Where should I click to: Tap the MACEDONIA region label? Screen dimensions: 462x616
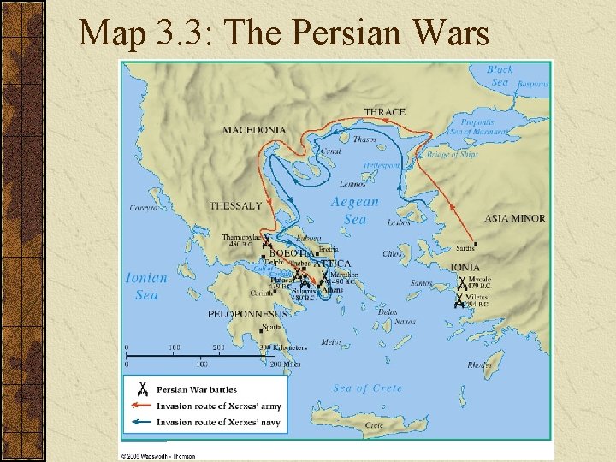255,130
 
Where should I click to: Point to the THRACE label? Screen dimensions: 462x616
384,112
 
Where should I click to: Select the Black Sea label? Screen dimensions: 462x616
500,76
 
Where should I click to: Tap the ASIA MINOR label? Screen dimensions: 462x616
514,218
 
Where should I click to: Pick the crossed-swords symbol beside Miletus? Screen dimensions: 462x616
459,300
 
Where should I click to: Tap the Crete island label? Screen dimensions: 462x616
375,424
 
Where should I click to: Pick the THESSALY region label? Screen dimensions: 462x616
235,206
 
